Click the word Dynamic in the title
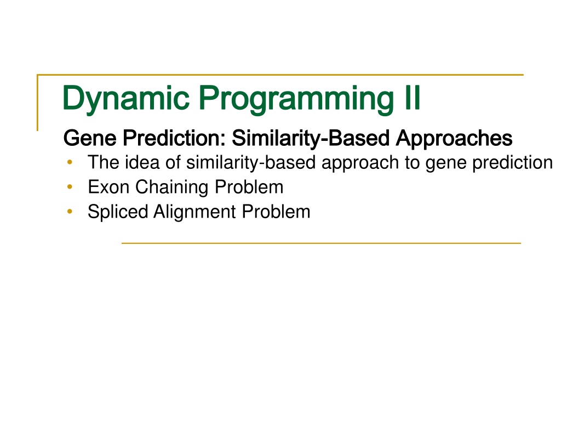point(126,99)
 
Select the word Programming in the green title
point(296,99)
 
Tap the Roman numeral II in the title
point(412,97)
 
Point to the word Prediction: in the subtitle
point(174,138)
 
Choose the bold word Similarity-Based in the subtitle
point(311,139)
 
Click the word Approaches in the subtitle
point(454,139)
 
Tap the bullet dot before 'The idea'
point(70,162)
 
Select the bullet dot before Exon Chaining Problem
point(70,187)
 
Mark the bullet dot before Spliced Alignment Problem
point(70,212)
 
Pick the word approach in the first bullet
point(360,163)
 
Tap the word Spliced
point(118,212)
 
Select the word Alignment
point(194,212)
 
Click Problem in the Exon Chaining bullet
point(249,187)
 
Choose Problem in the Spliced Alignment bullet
point(276,211)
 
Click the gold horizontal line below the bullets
point(321,243)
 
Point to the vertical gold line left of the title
point(38,103)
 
